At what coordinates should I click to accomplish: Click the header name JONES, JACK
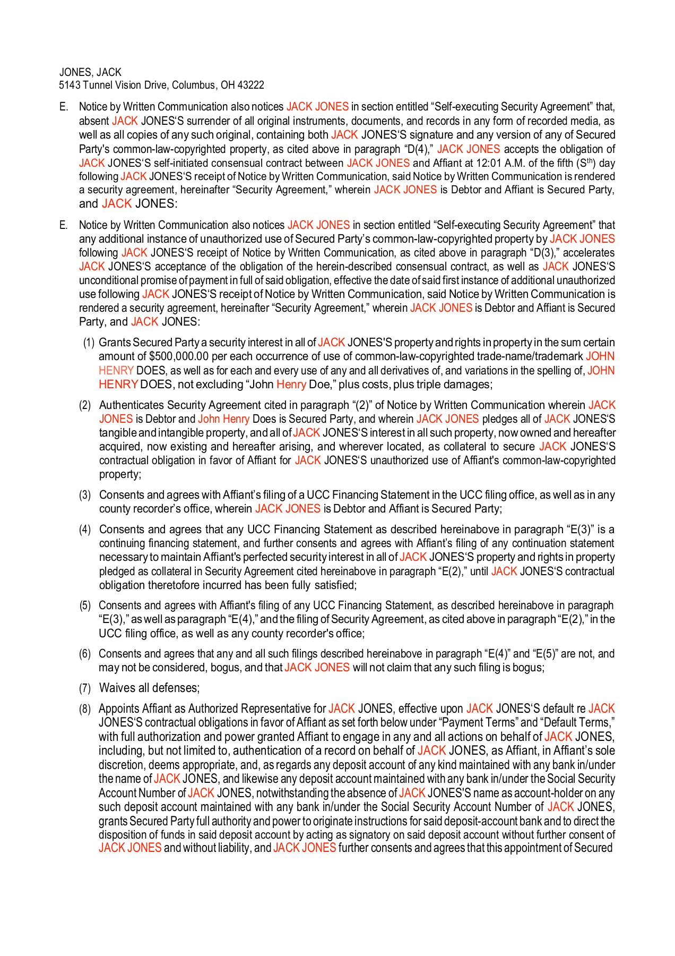(x=90, y=72)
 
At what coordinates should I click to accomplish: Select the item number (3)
(x=85, y=495)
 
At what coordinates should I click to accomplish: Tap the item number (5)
(x=85, y=605)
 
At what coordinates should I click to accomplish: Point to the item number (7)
(x=85, y=688)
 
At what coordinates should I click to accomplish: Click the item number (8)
(x=85, y=709)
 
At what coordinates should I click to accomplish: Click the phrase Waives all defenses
(x=149, y=688)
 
